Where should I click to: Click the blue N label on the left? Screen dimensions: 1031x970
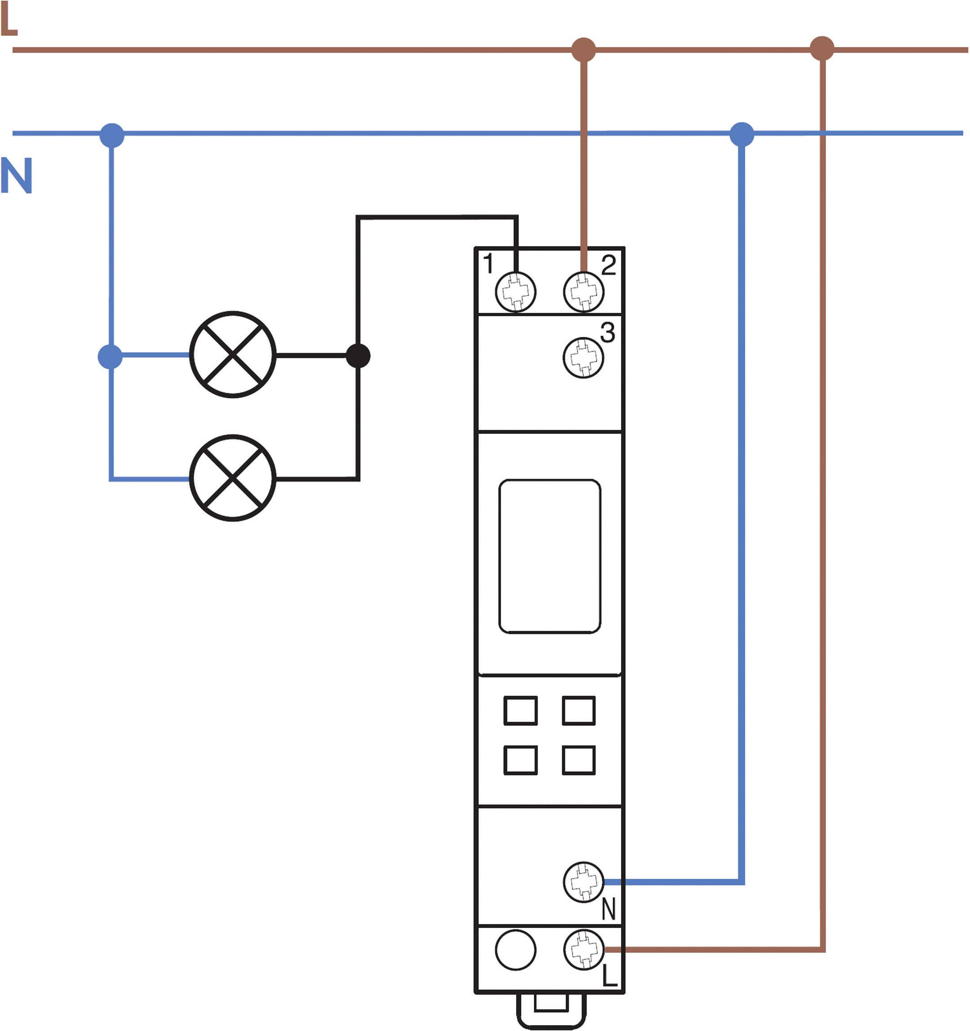[17, 176]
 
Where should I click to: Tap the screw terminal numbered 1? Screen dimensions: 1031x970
[516, 291]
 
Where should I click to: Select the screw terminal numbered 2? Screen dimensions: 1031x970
[583, 291]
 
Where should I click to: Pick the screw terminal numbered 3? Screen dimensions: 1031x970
[583, 358]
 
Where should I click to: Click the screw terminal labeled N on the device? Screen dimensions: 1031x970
[583, 881]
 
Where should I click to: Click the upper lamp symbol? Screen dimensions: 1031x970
[233, 355]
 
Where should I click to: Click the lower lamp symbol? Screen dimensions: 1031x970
[233, 478]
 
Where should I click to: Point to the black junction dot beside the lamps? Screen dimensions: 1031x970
[358, 356]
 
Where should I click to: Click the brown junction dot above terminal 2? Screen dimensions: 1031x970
[583, 50]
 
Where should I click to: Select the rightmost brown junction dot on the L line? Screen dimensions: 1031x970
[822, 49]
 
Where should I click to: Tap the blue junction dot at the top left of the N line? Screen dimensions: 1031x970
[112, 135]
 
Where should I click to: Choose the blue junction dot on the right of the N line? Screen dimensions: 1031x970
[742, 134]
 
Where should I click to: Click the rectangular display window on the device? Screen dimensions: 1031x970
[549, 556]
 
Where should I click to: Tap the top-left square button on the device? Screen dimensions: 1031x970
[520, 710]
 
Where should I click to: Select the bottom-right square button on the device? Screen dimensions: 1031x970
[578, 760]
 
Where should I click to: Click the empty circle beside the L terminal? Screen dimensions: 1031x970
[515, 950]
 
